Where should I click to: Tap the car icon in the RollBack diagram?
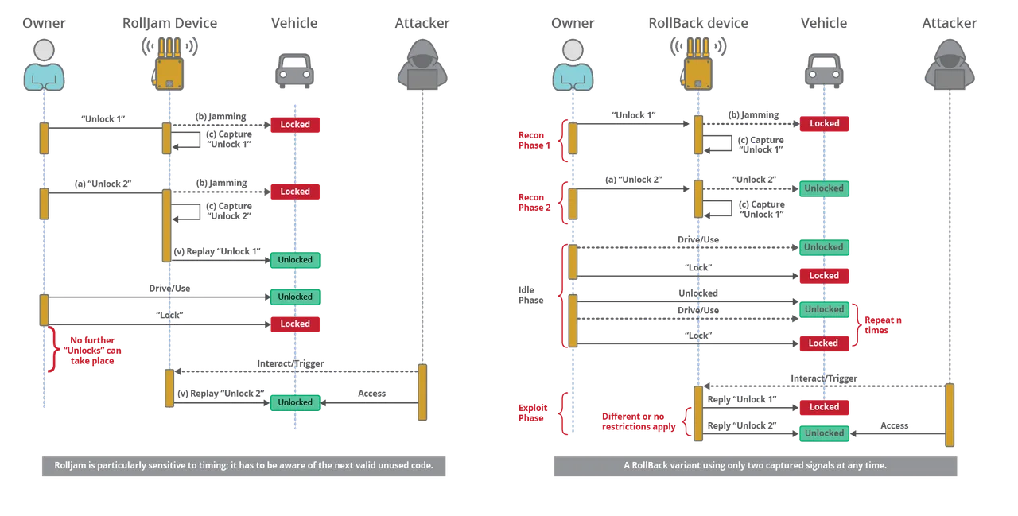[x=822, y=68]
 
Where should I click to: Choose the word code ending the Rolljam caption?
[x=422, y=465]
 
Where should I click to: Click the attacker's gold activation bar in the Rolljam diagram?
[x=422, y=393]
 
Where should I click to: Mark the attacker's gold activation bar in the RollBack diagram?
[x=949, y=415]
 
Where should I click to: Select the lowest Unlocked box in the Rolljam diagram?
[x=295, y=402]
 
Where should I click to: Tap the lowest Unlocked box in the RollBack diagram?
[x=824, y=433]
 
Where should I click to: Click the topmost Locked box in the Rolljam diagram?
[x=295, y=125]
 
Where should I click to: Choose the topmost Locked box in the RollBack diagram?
[x=824, y=124]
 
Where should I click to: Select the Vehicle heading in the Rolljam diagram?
[x=295, y=24]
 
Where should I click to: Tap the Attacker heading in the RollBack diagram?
[x=949, y=24]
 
